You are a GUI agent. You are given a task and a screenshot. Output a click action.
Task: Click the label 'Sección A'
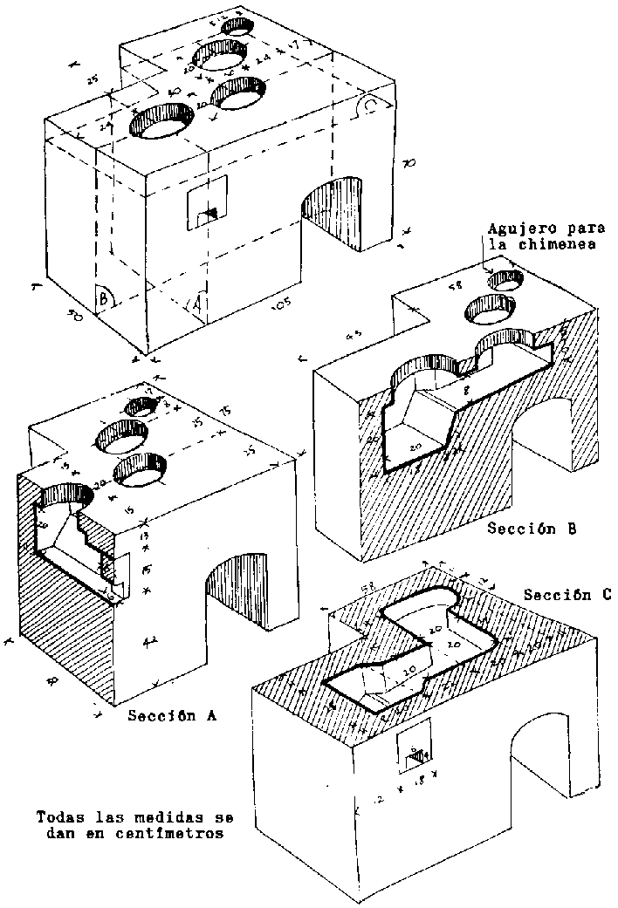(x=171, y=716)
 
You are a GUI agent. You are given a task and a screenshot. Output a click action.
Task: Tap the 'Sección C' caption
(x=567, y=595)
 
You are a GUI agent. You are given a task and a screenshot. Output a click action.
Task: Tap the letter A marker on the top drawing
(x=197, y=304)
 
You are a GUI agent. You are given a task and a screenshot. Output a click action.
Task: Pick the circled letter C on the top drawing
(x=372, y=106)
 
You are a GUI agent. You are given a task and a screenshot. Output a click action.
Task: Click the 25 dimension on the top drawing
(x=92, y=78)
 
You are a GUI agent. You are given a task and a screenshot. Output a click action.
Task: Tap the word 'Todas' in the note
(x=58, y=818)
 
